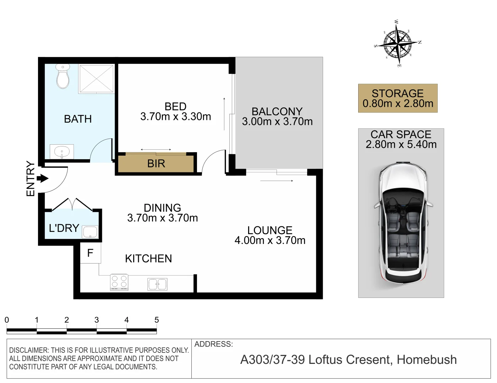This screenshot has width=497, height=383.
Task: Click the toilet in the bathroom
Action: tap(63, 76)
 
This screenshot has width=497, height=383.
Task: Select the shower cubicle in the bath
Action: tap(97, 79)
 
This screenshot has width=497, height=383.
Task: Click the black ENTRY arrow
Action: tap(43, 178)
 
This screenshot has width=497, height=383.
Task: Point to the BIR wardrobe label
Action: tap(156, 163)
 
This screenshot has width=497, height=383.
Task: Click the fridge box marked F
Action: tap(90, 253)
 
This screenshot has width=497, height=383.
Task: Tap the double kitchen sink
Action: tap(157, 284)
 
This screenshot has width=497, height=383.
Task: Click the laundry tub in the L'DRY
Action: tap(89, 232)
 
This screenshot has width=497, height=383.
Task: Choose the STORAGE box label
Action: tap(398, 94)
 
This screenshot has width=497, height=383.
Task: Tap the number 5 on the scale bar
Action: tap(157, 320)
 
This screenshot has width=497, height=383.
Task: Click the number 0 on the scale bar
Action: tap(7, 320)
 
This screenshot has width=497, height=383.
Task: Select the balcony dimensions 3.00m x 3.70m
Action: tap(277, 122)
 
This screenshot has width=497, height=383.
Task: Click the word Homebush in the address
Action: tap(427, 360)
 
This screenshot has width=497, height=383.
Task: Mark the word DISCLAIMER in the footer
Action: tap(29, 350)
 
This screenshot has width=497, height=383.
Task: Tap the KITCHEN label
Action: tap(148, 259)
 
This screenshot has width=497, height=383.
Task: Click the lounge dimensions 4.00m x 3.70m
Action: tap(270, 240)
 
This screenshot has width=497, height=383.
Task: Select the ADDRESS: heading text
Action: tap(214, 344)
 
